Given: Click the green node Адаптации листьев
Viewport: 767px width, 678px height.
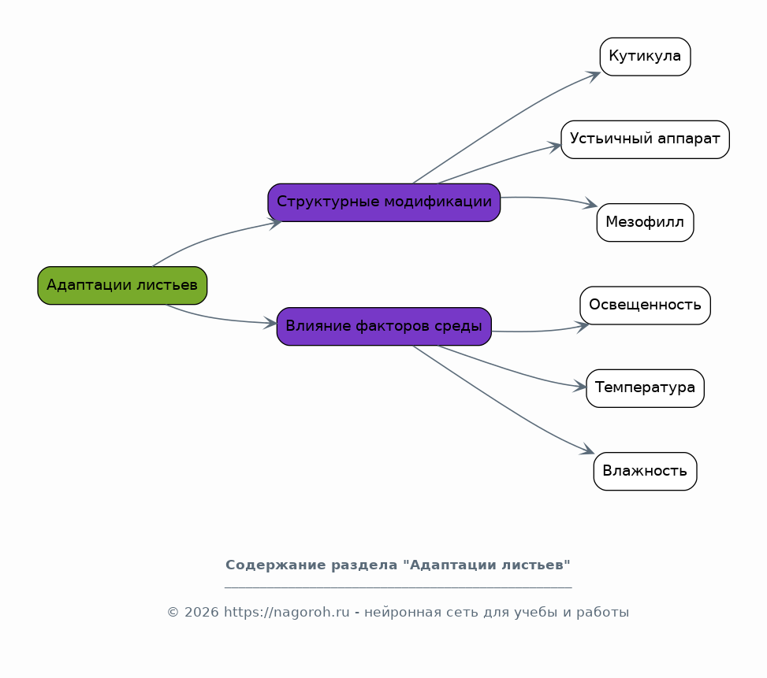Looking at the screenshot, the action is point(122,285).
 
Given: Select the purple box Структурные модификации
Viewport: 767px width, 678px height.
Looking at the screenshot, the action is point(384,202).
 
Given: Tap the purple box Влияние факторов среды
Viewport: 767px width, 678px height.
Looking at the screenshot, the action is point(384,326).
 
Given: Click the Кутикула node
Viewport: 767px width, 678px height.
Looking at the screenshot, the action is point(645,57).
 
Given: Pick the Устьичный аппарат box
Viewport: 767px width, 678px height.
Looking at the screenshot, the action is point(645,139).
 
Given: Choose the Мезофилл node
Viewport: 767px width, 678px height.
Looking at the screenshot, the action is point(645,223).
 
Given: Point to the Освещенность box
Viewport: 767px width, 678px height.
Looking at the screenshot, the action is point(645,306).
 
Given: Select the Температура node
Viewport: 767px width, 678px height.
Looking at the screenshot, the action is point(645,388).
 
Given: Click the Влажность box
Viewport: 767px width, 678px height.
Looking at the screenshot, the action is point(645,472).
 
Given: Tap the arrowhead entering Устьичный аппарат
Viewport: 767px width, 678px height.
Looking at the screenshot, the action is point(555,146).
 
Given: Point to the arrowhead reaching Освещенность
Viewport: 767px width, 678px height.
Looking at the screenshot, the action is point(583,326).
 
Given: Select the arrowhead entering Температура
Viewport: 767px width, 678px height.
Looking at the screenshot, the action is point(580,387).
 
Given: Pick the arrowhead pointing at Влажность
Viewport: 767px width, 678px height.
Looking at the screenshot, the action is point(587,450).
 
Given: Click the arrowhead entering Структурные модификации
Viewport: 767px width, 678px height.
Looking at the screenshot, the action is point(275,223).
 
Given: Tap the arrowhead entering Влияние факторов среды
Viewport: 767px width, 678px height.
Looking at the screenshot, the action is point(270,322).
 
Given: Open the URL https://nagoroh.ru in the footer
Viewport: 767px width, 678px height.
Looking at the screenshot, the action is point(287,613).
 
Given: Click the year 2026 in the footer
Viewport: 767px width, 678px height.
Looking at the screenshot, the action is point(202,613).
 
